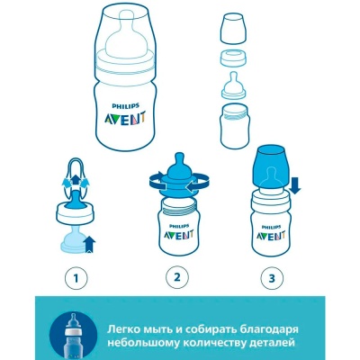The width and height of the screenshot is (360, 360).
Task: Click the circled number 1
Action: (76, 278)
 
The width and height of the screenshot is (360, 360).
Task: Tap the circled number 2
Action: (177, 277)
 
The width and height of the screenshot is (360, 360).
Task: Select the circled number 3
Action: (272, 278)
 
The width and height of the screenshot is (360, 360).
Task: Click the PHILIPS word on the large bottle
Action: (125, 105)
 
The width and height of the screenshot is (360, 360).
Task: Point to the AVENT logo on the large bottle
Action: (125, 117)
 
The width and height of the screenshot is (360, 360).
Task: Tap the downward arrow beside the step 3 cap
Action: (295, 185)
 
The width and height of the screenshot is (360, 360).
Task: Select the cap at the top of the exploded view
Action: (234, 29)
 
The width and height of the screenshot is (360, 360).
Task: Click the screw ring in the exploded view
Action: (234, 58)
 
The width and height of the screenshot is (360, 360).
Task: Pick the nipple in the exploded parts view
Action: (234, 85)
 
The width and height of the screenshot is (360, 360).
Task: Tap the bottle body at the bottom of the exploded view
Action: (235, 126)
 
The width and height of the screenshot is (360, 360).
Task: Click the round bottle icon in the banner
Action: (73, 335)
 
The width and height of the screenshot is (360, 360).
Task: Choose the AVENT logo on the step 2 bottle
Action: (178, 234)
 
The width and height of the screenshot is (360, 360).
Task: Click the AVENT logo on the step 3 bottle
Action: (270, 235)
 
